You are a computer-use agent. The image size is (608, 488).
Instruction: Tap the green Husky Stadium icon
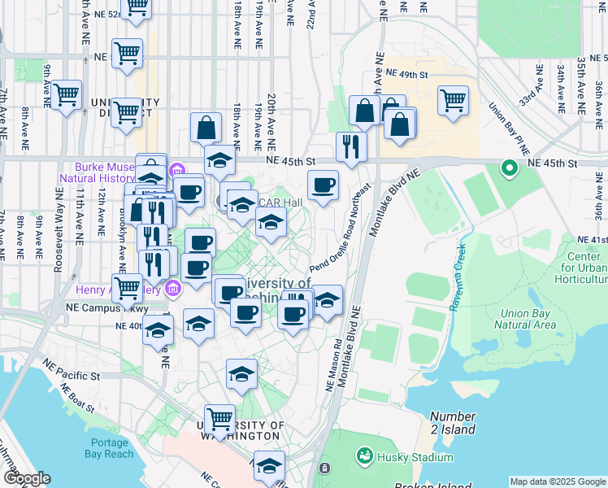tap(365, 457)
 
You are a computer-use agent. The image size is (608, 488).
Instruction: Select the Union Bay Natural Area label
tap(528, 319)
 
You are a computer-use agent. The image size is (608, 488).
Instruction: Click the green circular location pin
tap(510, 169)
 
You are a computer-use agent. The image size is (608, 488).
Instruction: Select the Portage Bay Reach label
tap(106, 447)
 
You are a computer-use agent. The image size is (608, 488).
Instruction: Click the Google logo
tap(27, 478)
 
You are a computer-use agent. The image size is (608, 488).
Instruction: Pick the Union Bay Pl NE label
tap(510, 129)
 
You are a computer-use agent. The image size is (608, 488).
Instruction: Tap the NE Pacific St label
tap(72, 377)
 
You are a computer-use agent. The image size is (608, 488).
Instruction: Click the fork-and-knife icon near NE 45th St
tap(351, 146)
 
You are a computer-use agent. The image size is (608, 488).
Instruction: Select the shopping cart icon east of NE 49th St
tap(453, 100)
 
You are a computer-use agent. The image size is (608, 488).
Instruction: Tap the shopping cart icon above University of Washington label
tap(219, 419)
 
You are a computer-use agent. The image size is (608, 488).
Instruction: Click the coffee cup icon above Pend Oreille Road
tap(324, 185)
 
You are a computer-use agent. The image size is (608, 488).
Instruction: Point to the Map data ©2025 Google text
tap(558, 481)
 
